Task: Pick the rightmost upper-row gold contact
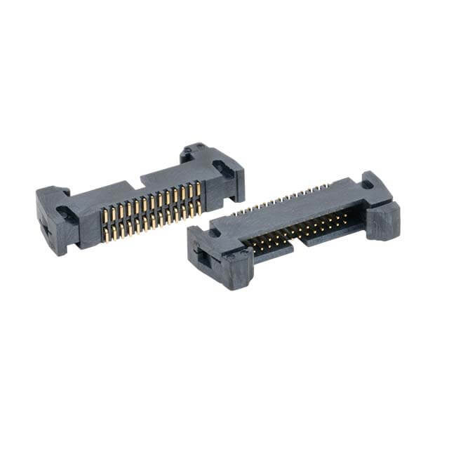[198, 188]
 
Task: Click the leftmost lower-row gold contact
[106, 234]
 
